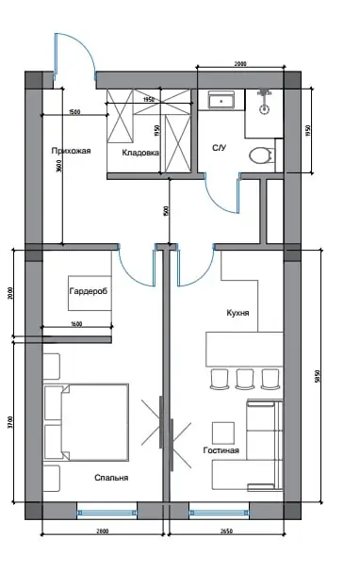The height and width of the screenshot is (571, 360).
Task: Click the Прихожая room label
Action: tap(71, 150)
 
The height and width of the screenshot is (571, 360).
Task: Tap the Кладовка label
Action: tap(140, 152)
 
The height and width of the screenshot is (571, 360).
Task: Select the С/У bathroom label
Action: tap(219, 148)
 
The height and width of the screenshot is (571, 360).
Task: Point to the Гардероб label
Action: tap(88, 292)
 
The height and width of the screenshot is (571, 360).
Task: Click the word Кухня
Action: tap(237, 312)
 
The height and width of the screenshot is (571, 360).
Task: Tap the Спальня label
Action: tap(111, 478)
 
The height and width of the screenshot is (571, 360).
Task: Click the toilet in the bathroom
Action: tap(260, 154)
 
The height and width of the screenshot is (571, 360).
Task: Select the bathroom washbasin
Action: tap(222, 99)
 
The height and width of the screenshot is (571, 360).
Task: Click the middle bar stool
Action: tap(245, 379)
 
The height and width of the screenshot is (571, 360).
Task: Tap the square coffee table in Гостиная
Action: tap(222, 432)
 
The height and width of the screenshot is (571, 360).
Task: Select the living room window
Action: tap(218, 513)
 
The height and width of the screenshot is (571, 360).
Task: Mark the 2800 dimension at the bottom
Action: tap(102, 534)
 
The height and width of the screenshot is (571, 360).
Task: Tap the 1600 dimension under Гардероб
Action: tap(77, 325)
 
